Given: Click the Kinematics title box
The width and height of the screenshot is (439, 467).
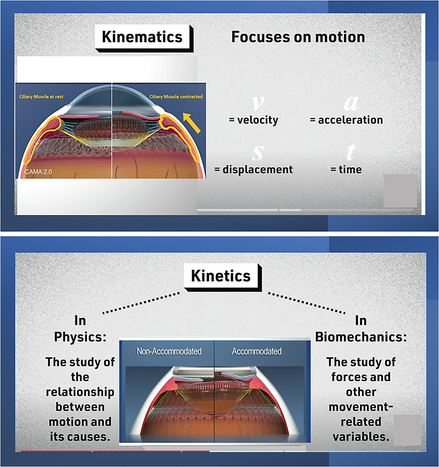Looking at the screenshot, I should pos(142,37).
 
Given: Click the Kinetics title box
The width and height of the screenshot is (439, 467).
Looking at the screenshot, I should pos(221,276).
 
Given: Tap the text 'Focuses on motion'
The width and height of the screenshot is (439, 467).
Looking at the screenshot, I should pos(298,37).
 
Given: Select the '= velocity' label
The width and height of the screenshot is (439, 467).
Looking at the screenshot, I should pos(254,120).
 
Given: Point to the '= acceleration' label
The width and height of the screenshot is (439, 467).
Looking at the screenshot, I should pos(346,120).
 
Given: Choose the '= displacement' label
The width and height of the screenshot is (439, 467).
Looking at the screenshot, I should pos(254,169).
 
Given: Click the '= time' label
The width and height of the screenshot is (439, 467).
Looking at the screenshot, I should pos(346,169).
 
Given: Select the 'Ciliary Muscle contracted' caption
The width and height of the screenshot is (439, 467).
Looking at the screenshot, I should pos(176,97).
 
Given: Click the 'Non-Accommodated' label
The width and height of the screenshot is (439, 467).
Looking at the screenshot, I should pos(169,352).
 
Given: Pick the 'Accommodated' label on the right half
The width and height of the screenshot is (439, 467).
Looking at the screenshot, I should pos(256,352).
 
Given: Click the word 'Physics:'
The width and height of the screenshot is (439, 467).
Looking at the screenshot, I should pos(80,337).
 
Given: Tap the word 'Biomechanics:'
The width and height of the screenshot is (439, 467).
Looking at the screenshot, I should pos(361,337).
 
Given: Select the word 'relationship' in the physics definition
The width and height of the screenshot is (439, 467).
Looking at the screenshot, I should pos(80,392).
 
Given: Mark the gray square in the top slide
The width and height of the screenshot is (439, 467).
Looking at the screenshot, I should pos(400,191).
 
